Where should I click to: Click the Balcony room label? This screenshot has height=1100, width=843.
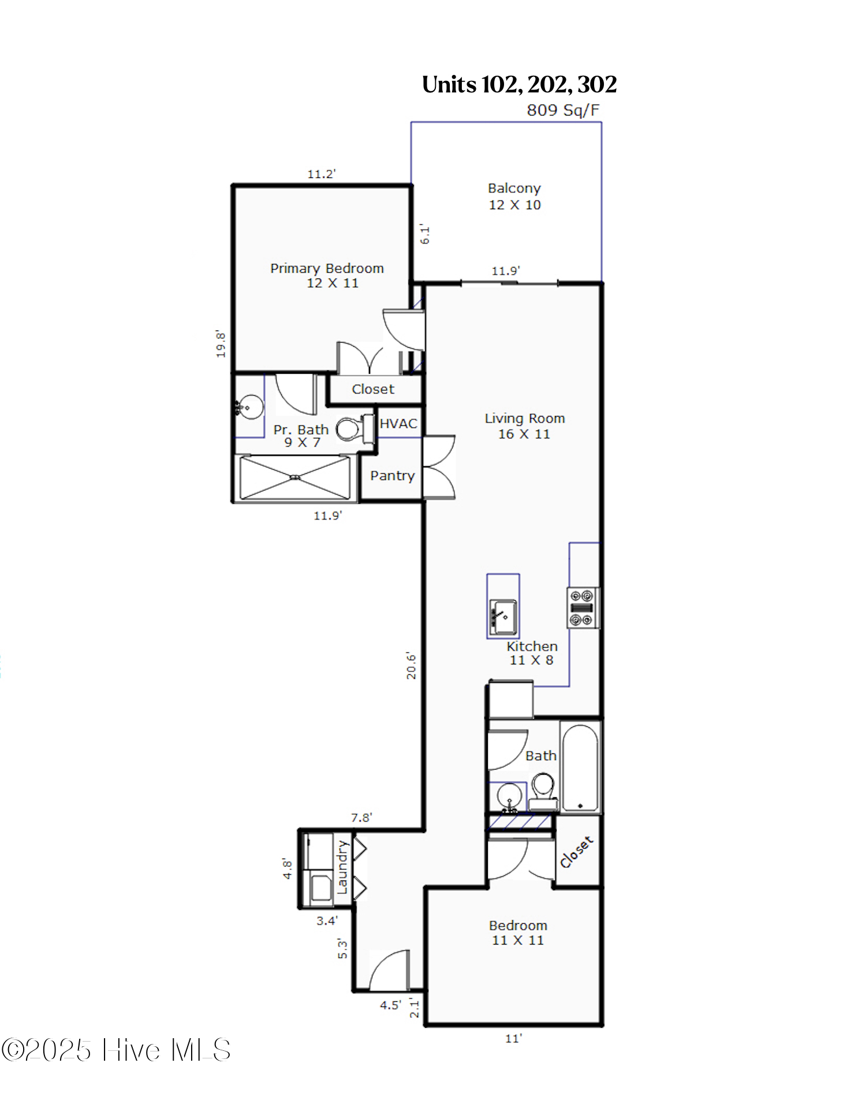point(514,188)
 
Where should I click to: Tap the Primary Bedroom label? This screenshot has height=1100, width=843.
point(327,269)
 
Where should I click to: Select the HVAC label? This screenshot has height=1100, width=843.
point(398,423)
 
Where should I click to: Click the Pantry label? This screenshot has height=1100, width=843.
point(393,475)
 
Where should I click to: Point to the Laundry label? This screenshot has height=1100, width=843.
point(342,867)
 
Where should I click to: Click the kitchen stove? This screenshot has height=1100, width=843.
point(583,607)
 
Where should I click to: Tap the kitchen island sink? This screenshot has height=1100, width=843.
point(503,617)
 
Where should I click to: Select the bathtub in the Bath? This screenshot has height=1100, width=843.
point(581,767)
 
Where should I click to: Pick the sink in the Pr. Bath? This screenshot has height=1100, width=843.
point(249,407)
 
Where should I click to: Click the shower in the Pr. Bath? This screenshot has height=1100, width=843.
point(294,477)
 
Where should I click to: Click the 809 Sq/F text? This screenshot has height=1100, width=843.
point(563,110)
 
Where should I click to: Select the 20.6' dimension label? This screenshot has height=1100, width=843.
point(411,665)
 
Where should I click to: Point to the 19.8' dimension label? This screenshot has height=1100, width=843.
point(221,344)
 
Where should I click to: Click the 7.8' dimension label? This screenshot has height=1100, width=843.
point(361,817)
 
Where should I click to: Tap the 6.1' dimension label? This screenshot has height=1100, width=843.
point(425,233)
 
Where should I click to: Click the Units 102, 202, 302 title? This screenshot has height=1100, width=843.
point(520,84)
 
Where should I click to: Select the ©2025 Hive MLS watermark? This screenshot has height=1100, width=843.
point(116,1050)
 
